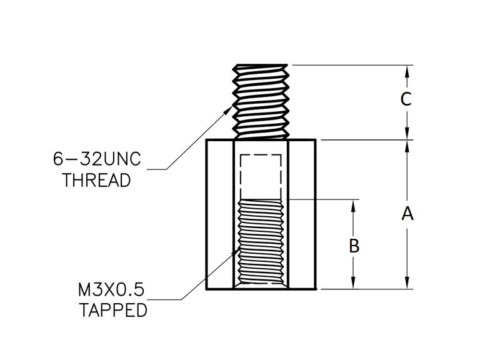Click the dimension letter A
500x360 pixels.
point(407,214)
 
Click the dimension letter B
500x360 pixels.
point(354,246)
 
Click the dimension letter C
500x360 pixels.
point(406,99)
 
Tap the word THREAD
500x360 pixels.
point(97,181)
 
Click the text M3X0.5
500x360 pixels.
point(111,289)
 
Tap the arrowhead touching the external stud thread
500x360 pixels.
point(229,111)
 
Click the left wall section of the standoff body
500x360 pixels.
point(219,214)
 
